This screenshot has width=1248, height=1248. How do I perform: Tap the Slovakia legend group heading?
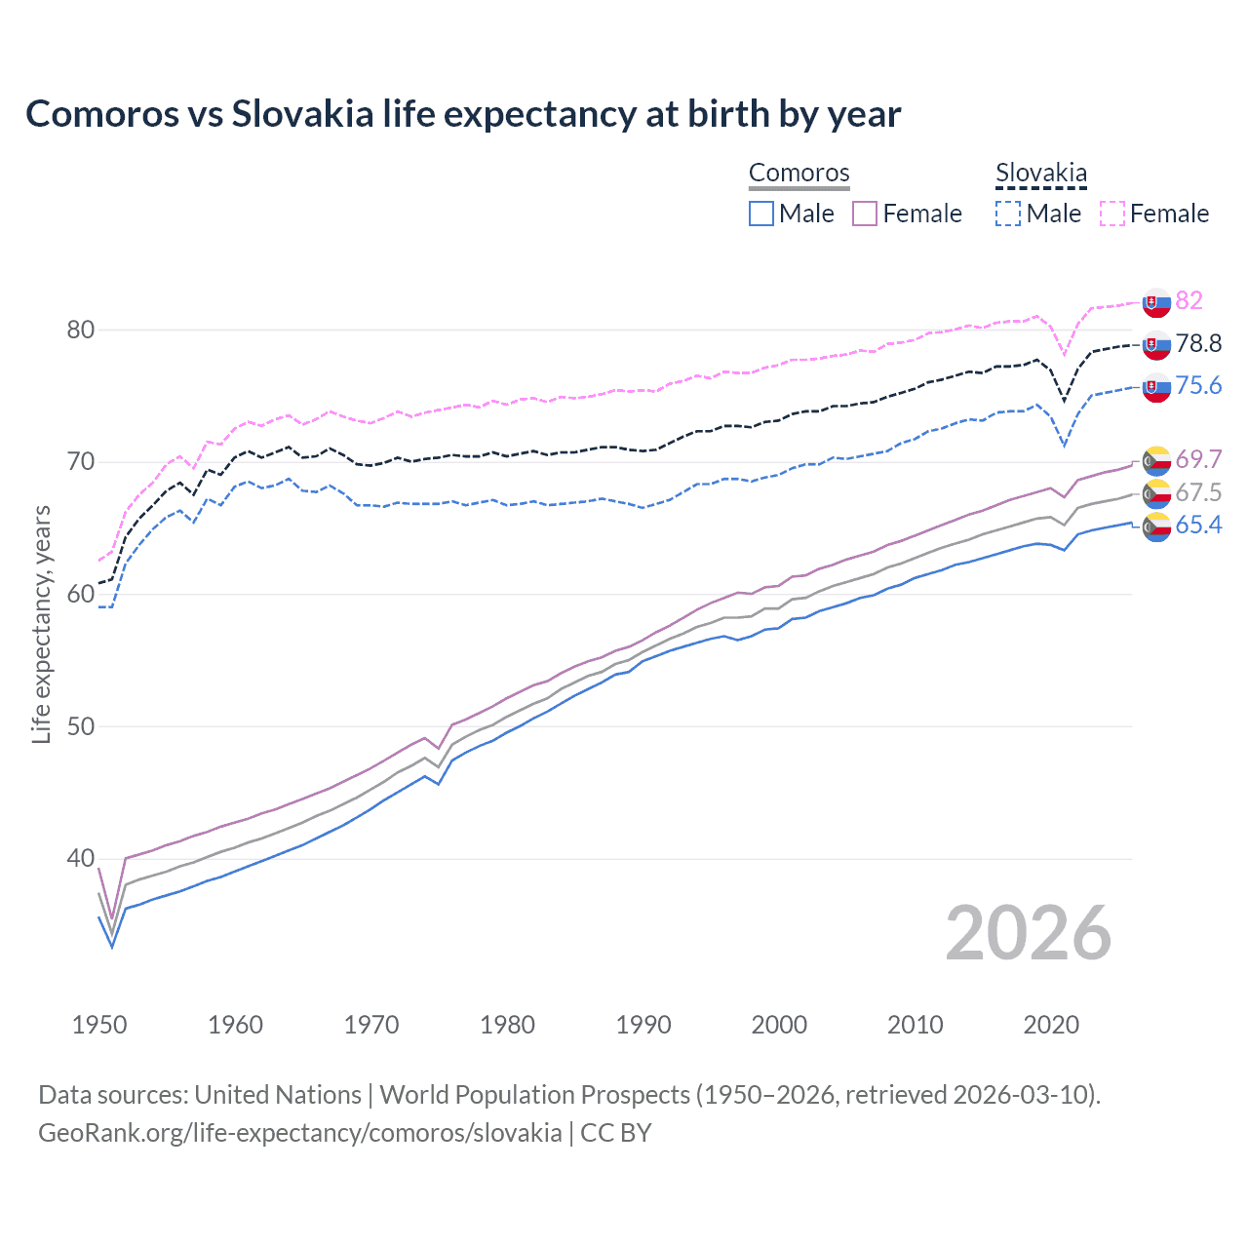[x=1040, y=174]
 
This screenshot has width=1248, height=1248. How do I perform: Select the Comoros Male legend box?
[x=761, y=214]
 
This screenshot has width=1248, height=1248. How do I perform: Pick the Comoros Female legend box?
[x=865, y=214]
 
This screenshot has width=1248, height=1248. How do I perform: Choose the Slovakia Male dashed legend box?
[x=1008, y=214]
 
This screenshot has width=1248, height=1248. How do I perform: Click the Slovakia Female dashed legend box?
[x=1112, y=214]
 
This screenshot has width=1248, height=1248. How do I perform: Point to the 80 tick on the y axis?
[x=81, y=330]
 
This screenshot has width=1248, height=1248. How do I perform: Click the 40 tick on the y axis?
[x=81, y=859]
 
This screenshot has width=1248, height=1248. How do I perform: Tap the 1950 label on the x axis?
[x=99, y=1025]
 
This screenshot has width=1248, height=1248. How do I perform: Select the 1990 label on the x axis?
[x=643, y=1025]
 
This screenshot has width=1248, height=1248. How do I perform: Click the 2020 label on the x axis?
[x=1051, y=1025]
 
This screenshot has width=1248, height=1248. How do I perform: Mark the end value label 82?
[x=1189, y=300]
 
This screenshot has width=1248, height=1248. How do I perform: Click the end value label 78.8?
[x=1198, y=343]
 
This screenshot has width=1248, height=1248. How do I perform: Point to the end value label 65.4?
[x=1198, y=526]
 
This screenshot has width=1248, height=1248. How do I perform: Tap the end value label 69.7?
[x=1198, y=459]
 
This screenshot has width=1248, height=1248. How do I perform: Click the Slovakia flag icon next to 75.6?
[x=1156, y=387]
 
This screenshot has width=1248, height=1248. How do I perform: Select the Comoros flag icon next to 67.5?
[x=1156, y=492]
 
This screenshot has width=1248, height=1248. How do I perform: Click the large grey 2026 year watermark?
[x=1028, y=933]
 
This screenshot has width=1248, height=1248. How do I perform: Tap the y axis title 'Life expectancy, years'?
[x=41, y=625]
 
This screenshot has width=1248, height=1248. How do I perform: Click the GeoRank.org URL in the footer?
[x=300, y=1133]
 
